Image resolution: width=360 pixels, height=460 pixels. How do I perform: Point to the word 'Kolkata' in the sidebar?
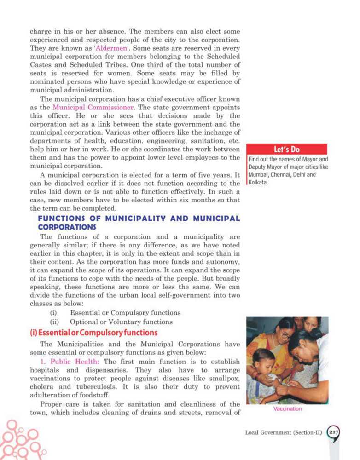point(259,183)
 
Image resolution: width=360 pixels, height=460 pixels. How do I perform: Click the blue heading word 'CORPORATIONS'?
point(68,227)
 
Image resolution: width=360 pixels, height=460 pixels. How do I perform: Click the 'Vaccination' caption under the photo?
point(287,408)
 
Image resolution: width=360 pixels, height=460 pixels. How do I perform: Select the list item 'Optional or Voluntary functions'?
point(121,322)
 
